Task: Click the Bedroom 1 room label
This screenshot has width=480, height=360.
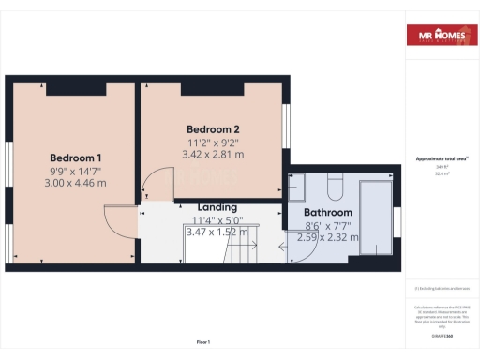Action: coord(76,157)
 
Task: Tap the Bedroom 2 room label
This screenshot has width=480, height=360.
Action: coord(213,128)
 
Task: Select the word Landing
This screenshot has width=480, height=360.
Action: coord(217,207)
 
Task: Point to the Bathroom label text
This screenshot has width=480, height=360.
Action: coord(327,213)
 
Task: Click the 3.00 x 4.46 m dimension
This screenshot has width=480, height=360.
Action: coord(76,183)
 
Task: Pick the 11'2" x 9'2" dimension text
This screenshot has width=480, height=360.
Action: coord(213,142)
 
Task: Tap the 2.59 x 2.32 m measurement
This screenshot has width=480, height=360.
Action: coord(327,238)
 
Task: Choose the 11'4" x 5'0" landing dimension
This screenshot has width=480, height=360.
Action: coord(217,219)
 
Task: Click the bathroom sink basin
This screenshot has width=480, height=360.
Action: coord(297,187)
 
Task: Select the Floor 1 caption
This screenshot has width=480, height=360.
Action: coord(202,342)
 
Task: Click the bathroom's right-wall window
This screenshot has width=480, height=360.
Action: coord(397,221)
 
